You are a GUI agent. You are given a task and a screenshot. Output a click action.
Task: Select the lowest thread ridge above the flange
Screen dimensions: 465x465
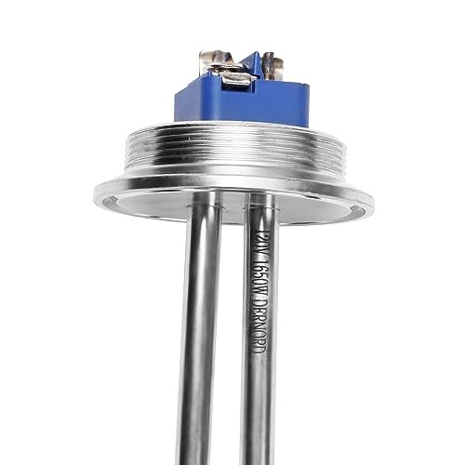(232, 175)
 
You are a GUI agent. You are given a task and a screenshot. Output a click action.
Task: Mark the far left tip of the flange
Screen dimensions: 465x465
(94, 196)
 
